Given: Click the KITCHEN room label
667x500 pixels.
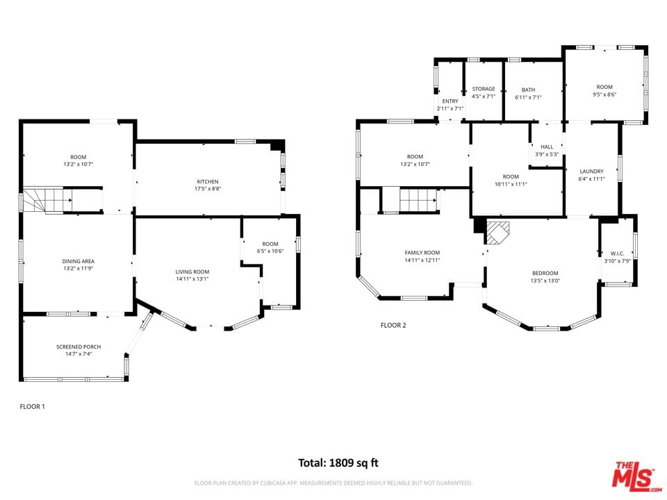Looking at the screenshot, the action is (208, 181).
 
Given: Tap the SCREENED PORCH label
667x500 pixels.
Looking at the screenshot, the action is (79, 347).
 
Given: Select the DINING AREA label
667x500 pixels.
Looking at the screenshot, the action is (79, 261).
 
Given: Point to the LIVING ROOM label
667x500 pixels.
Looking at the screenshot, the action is (192, 272).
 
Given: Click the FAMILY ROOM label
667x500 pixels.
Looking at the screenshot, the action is (422, 253).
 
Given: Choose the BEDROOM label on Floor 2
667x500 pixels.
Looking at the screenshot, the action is (545, 273).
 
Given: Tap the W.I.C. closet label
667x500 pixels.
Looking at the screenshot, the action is (617, 253).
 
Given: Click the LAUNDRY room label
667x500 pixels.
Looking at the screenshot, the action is (591, 172).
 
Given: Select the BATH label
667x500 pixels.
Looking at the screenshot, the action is (528, 90).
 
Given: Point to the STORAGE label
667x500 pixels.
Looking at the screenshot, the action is (484, 89).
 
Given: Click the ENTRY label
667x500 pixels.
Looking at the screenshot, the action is (450, 101).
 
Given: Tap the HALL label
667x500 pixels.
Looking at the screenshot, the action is (547, 147).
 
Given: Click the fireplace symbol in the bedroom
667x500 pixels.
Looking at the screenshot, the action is (498, 232).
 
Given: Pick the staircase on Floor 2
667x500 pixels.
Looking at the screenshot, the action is (418, 200).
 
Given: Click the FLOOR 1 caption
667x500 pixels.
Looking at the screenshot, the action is (33, 406).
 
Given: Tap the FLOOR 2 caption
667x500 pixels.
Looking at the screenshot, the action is (393, 325).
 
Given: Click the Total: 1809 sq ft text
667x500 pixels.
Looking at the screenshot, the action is (338, 462).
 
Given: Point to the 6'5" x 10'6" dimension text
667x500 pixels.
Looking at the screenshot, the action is (270, 251).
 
